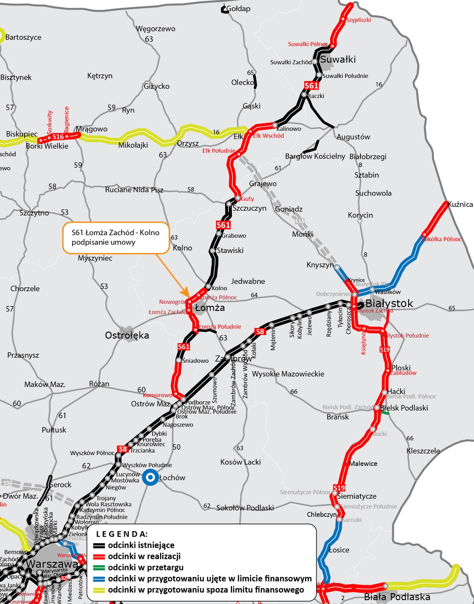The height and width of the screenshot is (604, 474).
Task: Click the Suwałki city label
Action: tap(338, 59)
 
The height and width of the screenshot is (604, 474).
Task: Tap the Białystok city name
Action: tap(389, 303)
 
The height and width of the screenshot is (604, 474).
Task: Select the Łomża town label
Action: tap(210, 308)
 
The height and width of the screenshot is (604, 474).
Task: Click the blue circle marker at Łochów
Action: tap(150, 478)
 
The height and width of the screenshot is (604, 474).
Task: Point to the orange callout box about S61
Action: tap(115, 237)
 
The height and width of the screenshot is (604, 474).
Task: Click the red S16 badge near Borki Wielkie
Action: tap(58, 137)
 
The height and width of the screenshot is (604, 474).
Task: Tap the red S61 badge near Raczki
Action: tap(311, 86)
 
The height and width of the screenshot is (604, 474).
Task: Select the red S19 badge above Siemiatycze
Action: tap(339, 488)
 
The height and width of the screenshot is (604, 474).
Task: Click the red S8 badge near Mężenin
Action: tap(260, 331)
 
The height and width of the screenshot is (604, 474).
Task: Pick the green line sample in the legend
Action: tap(99, 567)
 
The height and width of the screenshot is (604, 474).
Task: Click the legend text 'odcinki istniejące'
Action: tap(141, 545)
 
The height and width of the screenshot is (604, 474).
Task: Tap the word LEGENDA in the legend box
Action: tap(122, 534)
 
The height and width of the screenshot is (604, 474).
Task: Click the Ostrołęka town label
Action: tap(127, 335)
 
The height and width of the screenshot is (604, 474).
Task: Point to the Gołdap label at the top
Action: tap(238, 9)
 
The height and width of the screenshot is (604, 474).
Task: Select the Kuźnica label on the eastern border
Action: tap(460, 204)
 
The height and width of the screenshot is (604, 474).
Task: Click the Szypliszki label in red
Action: tap(359, 20)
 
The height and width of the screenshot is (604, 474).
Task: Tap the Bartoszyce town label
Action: tap(23, 37)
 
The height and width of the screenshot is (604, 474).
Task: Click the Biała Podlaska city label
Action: tap(397, 597)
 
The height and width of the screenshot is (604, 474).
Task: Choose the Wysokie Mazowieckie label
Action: tap(288, 374)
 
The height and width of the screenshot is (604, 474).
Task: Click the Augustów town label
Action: tap(353, 137)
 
